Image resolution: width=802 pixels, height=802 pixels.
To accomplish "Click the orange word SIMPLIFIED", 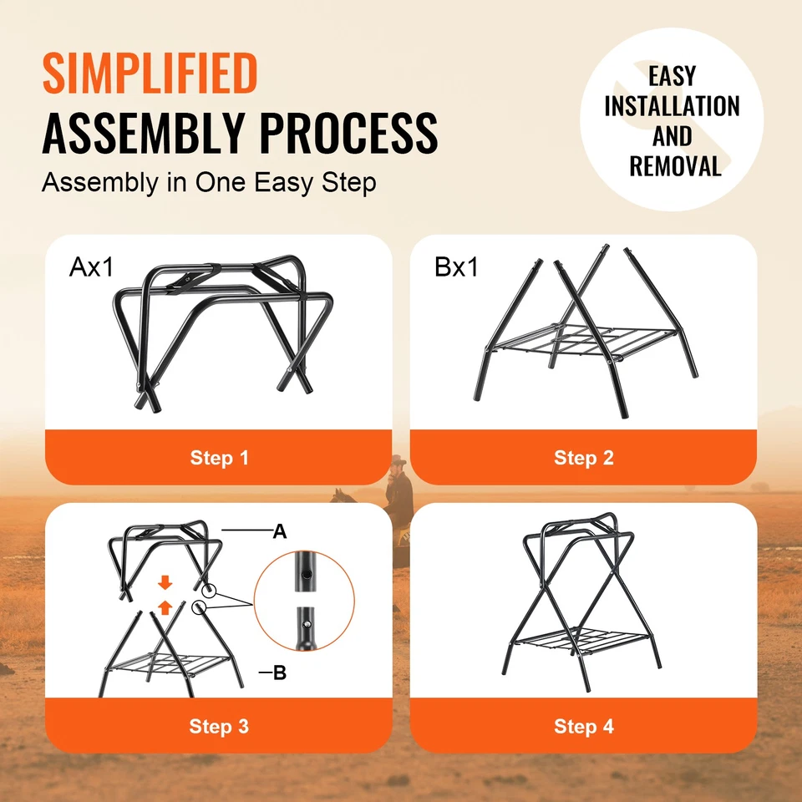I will click(150, 74).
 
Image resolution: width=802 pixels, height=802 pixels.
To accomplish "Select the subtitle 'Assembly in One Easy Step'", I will click(209, 183).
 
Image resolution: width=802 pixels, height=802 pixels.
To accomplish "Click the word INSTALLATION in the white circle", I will click(672, 106).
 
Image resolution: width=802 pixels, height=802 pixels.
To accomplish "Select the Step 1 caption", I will click(219, 458).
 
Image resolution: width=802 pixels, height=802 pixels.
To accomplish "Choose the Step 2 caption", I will click(583, 458).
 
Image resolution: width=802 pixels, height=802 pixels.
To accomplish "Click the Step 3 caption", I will click(219, 726).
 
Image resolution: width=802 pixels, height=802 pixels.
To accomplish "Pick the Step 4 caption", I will click(583, 726).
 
